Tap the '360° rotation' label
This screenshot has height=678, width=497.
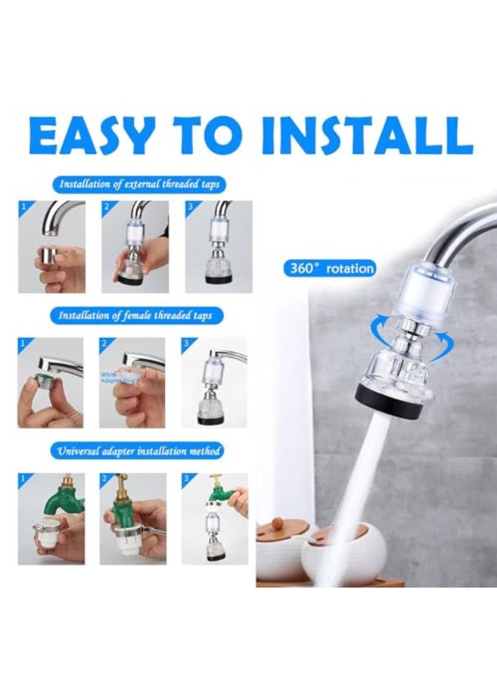[330, 267]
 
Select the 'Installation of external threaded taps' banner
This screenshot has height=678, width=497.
[142, 184]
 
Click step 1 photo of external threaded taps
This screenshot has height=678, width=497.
[51, 246]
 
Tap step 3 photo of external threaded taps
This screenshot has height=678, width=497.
[218, 246]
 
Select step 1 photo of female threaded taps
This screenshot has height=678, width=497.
[50, 382]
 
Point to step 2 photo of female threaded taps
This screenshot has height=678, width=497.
[133, 382]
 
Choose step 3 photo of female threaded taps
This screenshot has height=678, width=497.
[215, 382]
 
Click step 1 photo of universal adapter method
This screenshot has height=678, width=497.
[51, 518]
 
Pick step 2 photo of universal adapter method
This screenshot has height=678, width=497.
[133, 518]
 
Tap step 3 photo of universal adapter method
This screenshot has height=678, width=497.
[215, 518]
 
